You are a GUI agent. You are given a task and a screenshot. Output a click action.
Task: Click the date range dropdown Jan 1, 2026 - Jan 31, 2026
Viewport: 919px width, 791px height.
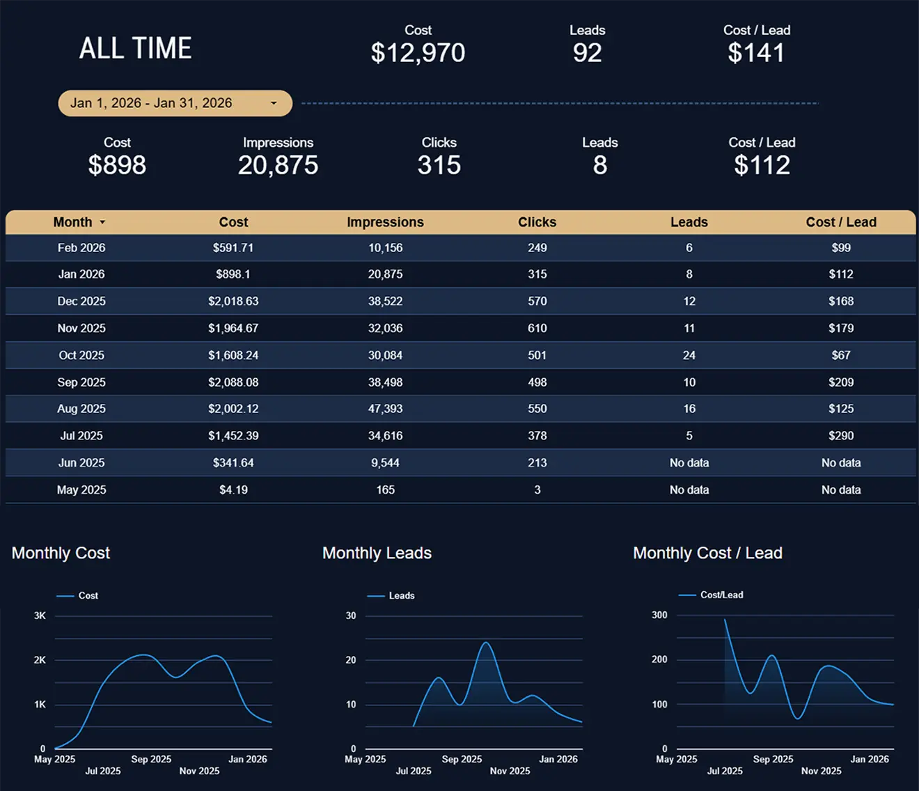(175, 103)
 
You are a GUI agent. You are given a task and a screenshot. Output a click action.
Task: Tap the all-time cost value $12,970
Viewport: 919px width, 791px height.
(418, 53)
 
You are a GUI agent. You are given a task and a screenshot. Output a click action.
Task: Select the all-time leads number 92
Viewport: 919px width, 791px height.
(587, 53)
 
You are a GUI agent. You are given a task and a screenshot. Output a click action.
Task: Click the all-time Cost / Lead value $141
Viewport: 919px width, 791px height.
(756, 53)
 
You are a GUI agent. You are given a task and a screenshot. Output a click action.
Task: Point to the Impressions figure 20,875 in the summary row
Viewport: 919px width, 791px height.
(278, 165)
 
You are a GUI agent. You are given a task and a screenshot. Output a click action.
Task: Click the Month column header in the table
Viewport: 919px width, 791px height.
(73, 222)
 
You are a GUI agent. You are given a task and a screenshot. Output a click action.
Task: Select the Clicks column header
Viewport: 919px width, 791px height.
(537, 222)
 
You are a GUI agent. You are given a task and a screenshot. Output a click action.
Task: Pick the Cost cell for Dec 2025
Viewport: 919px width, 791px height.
(233, 301)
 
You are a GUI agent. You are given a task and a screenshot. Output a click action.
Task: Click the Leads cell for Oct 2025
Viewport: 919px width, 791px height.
(689, 355)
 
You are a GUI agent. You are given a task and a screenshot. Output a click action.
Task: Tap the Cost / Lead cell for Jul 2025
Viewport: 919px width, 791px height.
(840, 436)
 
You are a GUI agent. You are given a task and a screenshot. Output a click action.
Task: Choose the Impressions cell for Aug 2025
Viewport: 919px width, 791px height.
(385, 409)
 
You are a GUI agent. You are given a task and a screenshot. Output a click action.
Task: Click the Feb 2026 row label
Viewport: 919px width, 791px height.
(81, 248)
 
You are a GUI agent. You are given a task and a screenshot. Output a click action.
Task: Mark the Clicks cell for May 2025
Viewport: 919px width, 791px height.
(537, 490)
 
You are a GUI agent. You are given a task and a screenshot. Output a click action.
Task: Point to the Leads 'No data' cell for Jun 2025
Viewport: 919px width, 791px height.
(689, 463)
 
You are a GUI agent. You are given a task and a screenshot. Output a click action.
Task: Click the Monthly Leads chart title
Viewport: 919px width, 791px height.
(377, 553)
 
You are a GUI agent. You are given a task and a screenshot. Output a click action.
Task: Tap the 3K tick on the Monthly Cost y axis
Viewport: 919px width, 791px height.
(40, 616)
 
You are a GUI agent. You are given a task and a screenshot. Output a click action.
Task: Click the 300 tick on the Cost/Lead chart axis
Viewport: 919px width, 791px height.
(659, 615)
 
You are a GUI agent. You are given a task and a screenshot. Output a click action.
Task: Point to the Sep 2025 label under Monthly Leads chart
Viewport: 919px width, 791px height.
(462, 759)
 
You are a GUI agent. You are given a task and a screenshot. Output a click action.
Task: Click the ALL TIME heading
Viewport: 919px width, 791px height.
(135, 49)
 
